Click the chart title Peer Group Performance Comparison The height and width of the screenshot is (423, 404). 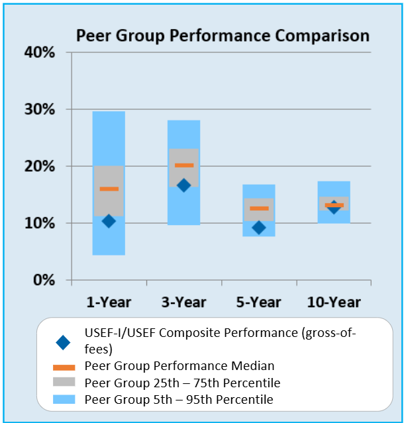click(x=223, y=35)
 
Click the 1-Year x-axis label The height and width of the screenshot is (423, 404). click(x=109, y=303)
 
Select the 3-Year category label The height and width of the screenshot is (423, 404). click(x=183, y=303)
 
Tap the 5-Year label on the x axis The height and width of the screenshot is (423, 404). click(x=258, y=303)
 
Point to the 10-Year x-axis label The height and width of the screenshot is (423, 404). click(x=334, y=303)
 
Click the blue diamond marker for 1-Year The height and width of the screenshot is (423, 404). click(x=109, y=221)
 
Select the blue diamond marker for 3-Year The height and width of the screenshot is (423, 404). click(x=183, y=185)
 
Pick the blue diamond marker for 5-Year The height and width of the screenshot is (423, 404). click(x=258, y=228)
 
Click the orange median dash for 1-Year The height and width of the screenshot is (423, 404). click(x=109, y=189)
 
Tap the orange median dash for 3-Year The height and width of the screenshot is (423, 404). click(x=183, y=165)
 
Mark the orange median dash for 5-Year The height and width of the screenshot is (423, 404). click(x=258, y=209)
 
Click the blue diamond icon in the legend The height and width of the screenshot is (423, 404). click(x=63, y=342)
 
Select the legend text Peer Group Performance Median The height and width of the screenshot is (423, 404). click(x=179, y=366)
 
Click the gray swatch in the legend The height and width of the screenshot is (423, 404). click(x=63, y=383)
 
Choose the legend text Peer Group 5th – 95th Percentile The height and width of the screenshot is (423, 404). click(x=179, y=399)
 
